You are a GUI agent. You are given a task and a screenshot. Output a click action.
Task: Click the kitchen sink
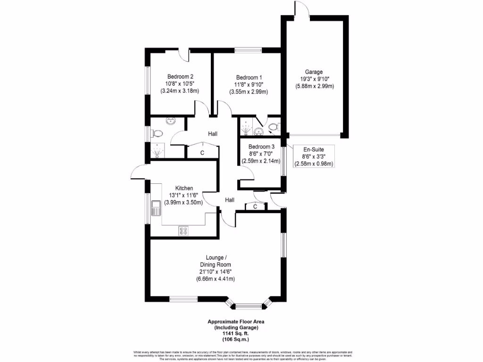(156, 207)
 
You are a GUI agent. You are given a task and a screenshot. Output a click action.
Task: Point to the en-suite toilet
(275, 127)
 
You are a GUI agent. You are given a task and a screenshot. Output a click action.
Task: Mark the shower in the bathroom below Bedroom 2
(157, 151)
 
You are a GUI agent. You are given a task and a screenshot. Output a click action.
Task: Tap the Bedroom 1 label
(249, 77)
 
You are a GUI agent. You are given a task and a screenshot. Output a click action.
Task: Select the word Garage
(314, 72)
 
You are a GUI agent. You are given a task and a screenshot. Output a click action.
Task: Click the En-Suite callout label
(313, 149)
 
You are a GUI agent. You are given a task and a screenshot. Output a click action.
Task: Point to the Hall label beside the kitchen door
(229, 200)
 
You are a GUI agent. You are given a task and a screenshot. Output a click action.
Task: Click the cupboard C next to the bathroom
(202, 153)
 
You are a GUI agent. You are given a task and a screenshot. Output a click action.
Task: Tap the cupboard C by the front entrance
(255, 206)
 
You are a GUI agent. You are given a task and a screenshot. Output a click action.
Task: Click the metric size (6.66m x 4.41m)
(216, 279)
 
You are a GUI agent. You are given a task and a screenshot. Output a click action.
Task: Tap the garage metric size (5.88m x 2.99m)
(314, 86)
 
